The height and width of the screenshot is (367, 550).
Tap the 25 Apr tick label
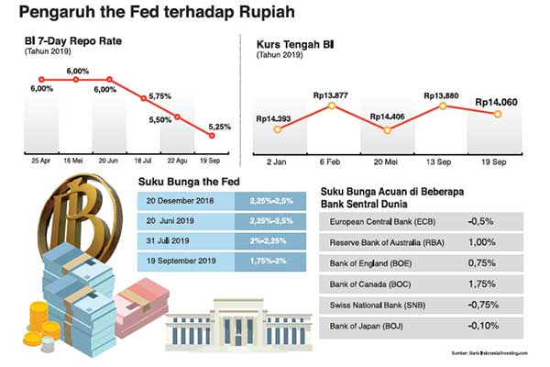41,160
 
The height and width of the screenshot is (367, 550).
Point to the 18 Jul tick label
143,160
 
